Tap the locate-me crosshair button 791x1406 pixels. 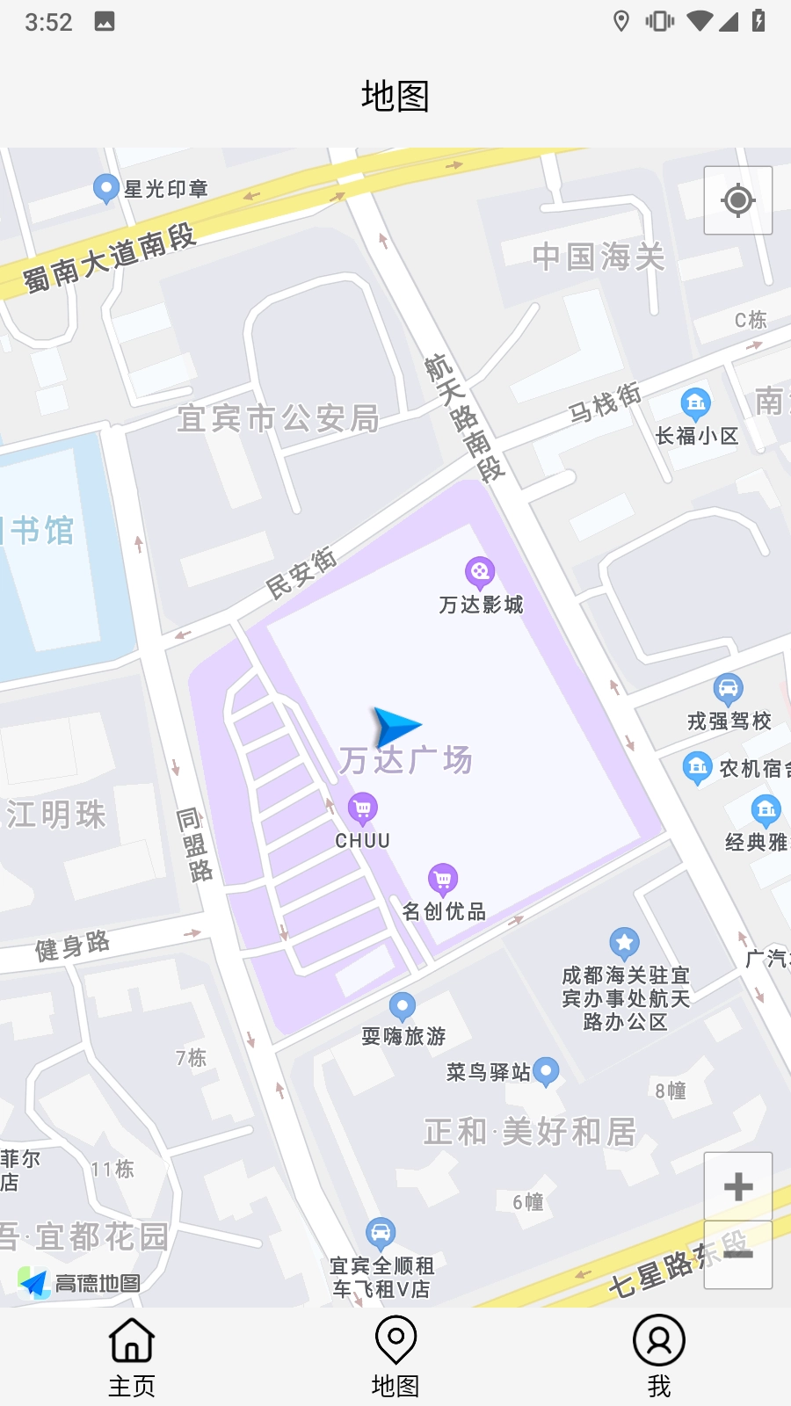(738, 200)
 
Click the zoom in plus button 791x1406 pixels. (738, 1186)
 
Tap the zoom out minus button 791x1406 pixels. (738, 1255)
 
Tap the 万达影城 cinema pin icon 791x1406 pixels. (480, 573)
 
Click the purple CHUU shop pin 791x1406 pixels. (363, 807)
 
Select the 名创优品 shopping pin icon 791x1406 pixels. (443, 878)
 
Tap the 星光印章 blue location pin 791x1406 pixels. (106, 187)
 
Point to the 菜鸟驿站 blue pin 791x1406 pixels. (546, 1070)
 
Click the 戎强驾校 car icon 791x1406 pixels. (728, 687)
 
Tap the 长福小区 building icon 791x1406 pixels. (695, 402)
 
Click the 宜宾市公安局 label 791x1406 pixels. (278, 419)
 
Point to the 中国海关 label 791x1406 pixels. (599, 257)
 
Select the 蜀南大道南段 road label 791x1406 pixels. (109, 257)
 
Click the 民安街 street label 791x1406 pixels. (301, 572)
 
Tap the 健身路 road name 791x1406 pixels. (73, 946)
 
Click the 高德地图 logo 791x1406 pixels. (79, 1283)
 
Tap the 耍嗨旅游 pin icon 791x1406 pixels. (403, 1005)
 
